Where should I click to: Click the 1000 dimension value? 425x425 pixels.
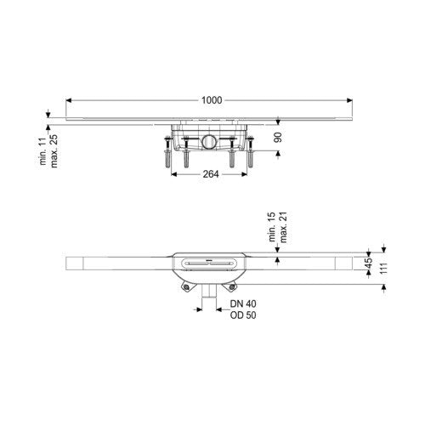tap(212, 100)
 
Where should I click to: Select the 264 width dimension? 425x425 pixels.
tap(211, 174)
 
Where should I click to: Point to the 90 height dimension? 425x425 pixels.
tap(278, 138)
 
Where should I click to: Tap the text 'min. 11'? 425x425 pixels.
tap(42, 151)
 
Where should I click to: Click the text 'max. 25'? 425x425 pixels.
tap(54, 151)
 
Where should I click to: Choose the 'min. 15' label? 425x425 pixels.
tap(272, 227)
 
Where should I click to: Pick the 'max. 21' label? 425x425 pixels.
tap(283, 227)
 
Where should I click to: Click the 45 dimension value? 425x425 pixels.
tap(369, 263)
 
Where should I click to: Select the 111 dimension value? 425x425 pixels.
tap(383, 269)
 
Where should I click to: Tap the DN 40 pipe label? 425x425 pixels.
tap(243, 303)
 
